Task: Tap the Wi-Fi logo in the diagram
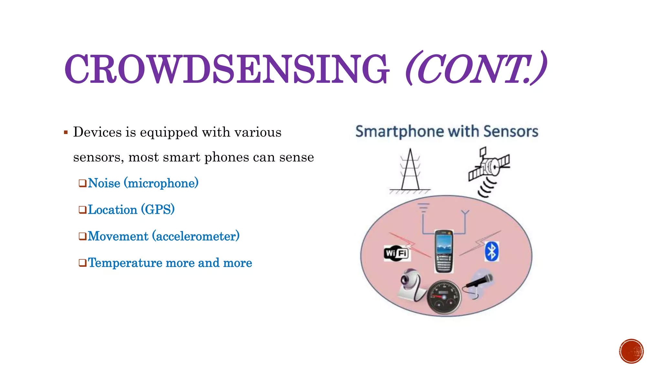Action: point(396,253)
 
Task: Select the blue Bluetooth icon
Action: point(492,251)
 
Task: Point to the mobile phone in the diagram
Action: point(443,251)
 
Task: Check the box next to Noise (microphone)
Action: point(82,184)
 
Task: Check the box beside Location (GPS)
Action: point(82,210)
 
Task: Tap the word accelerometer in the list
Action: point(197,236)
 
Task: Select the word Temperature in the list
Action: point(124,263)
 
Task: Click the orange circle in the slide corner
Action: point(631,351)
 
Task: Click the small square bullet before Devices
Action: point(66,132)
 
